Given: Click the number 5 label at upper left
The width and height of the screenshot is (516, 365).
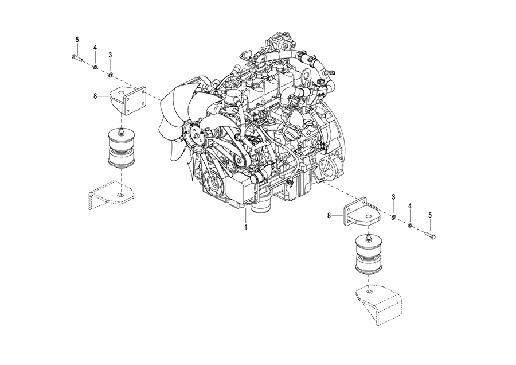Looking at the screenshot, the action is pyautogui.click(x=77, y=40).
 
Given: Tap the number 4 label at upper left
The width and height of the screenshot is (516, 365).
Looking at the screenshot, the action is pyautogui.click(x=95, y=48).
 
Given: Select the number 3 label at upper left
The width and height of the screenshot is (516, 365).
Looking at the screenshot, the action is pyautogui.click(x=110, y=55).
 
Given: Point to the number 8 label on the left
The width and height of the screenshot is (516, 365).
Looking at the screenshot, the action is pyautogui.click(x=95, y=96).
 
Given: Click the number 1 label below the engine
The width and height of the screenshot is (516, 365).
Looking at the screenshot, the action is pyautogui.click(x=245, y=227).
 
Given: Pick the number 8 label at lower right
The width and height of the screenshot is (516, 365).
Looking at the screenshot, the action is pyautogui.click(x=329, y=216).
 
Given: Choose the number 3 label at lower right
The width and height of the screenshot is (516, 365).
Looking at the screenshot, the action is pyautogui.click(x=393, y=197).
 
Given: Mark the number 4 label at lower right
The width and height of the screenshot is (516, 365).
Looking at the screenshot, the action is pyautogui.click(x=410, y=206).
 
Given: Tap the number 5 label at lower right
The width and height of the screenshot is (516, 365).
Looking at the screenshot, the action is pyautogui.click(x=430, y=215).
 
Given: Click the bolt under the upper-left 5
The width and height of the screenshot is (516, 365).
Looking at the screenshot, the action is pyautogui.click(x=77, y=58).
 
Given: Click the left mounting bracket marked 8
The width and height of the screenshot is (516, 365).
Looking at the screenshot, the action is pyautogui.click(x=128, y=100).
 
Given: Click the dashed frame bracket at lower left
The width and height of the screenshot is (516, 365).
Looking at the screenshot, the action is pyautogui.click(x=111, y=195).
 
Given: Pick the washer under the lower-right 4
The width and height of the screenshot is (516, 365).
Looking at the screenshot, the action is pyautogui.click(x=411, y=226).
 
